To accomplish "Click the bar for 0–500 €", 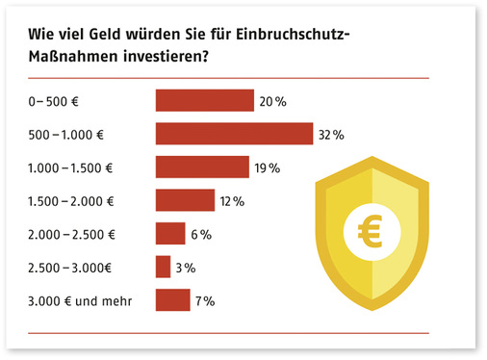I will click(204, 100).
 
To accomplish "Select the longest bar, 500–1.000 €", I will click(235, 134).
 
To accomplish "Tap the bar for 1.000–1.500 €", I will click(202, 167).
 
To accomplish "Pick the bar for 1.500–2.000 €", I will click(185, 200).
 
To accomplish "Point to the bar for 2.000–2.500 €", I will click(170, 234).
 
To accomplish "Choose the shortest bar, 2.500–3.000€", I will click(163, 267).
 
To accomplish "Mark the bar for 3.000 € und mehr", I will click(172, 300).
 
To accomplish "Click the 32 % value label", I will click(331, 134).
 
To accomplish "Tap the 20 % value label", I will click(272, 100).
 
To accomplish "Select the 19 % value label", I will click(267, 167).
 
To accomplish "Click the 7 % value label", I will click(204, 300).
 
